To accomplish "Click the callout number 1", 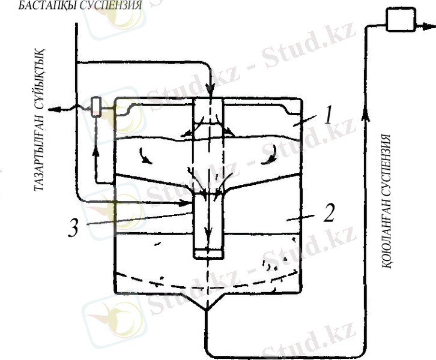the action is pyautogui.click(x=329, y=115).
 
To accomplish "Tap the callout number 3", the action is pyautogui.click(x=73, y=227).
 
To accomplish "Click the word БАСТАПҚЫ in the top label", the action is pyautogui.click(x=47, y=5).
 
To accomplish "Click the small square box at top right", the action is pyautogui.click(x=401, y=19).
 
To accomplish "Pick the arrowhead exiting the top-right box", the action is pyautogui.click(x=429, y=26).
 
